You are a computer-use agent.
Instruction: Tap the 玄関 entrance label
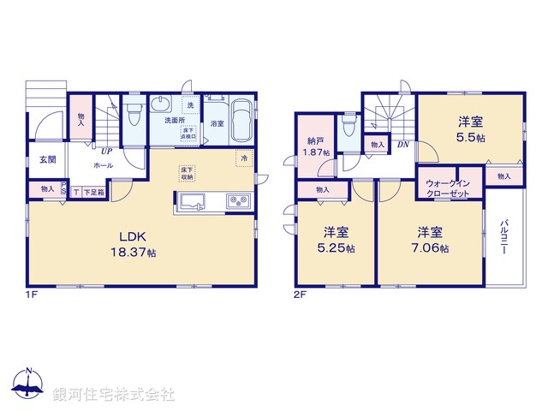[x=46, y=159]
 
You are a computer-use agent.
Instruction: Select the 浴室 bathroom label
[x=217, y=123]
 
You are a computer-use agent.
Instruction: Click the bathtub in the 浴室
[x=241, y=123]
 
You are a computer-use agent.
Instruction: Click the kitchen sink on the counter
[x=193, y=203]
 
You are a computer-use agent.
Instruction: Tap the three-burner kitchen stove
[x=237, y=202]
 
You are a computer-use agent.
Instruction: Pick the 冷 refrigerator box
[x=244, y=159]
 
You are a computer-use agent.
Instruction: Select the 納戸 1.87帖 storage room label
[x=314, y=146]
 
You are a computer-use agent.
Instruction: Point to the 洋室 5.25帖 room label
[x=336, y=239]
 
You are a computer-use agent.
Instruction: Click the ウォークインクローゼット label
[x=449, y=189]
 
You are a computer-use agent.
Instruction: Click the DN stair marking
[x=402, y=145]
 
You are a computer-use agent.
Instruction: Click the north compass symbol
[x=28, y=387]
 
